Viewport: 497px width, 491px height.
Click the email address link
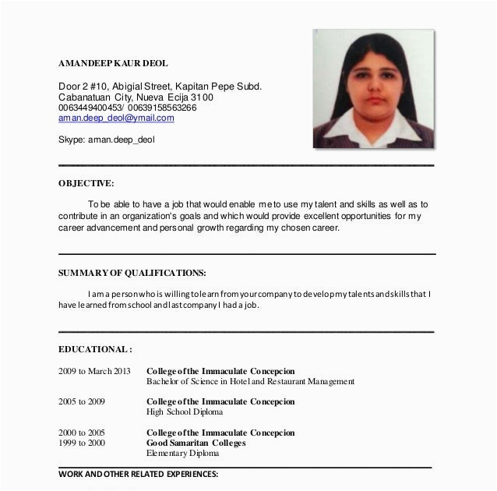click(x=116, y=119)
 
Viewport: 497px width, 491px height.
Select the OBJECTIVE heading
click(x=86, y=183)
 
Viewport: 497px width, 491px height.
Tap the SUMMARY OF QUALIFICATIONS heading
click(x=132, y=273)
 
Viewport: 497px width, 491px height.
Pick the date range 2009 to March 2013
click(x=95, y=370)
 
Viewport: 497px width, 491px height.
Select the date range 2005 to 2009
click(x=81, y=401)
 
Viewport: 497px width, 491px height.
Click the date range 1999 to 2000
click(x=81, y=443)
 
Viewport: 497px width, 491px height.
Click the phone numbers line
click(x=127, y=108)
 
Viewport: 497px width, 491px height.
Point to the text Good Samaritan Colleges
click(x=196, y=443)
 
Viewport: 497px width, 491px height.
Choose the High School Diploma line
click(x=185, y=412)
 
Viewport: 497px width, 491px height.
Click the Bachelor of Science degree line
click(x=250, y=382)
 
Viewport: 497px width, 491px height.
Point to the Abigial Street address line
click(x=160, y=86)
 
